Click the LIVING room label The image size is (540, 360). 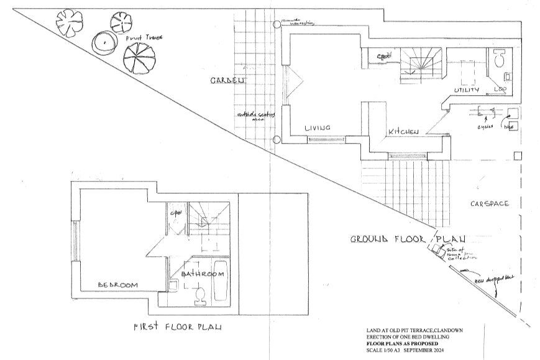click(317, 127)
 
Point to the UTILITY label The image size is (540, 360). click(467, 91)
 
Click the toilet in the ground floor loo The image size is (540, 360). click(499, 60)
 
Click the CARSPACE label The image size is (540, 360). click(489, 203)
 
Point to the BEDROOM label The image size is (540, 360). click(117, 285)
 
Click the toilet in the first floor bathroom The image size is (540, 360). click(200, 295)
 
